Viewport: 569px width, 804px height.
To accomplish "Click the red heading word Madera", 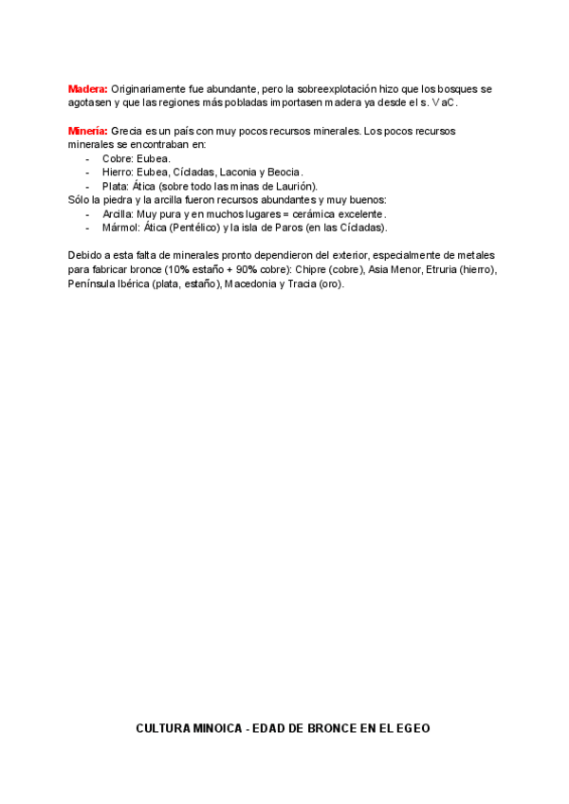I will point(87,88).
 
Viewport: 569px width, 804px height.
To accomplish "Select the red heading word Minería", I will point(88,130).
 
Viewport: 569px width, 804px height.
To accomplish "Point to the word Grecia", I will point(127,130).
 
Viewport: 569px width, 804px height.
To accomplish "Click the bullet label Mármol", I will point(120,228).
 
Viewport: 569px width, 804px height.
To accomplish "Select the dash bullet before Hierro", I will point(88,172).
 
